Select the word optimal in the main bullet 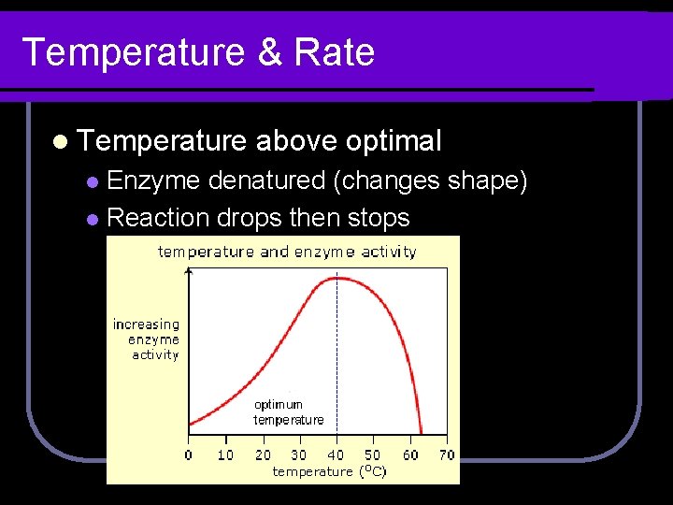tap(393, 141)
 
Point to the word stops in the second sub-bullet tap(379, 218)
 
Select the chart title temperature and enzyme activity tap(287, 252)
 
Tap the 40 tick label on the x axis tap(336, 455)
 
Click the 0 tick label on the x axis tap(189, 455)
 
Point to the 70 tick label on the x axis tap(446, 455)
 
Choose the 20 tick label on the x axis tap(263, 455)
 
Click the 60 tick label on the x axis tap(409, 455)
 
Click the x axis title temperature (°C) tap(329, 472)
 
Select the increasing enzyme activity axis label tap(146, 339)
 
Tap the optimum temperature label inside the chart tap(288, 412)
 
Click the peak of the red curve tap(336, 278)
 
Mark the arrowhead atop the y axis tap(189, 270)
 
